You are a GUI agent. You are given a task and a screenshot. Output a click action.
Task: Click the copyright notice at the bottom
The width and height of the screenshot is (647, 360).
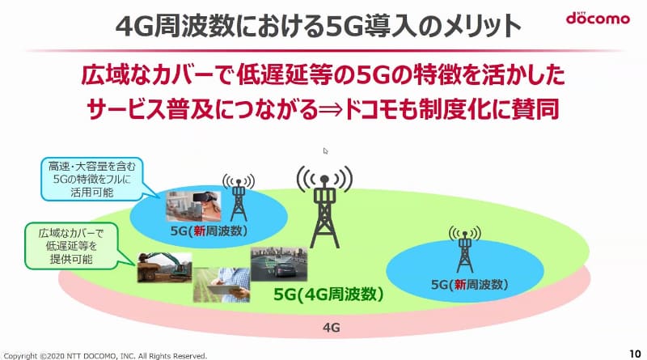point(105,354)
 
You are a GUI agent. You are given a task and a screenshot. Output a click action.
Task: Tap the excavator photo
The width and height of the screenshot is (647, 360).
point(164,266)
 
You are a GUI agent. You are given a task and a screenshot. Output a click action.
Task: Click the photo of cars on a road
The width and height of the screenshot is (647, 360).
point(279,266)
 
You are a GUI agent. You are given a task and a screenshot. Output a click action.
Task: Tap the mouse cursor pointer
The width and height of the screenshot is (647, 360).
point(326,151)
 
